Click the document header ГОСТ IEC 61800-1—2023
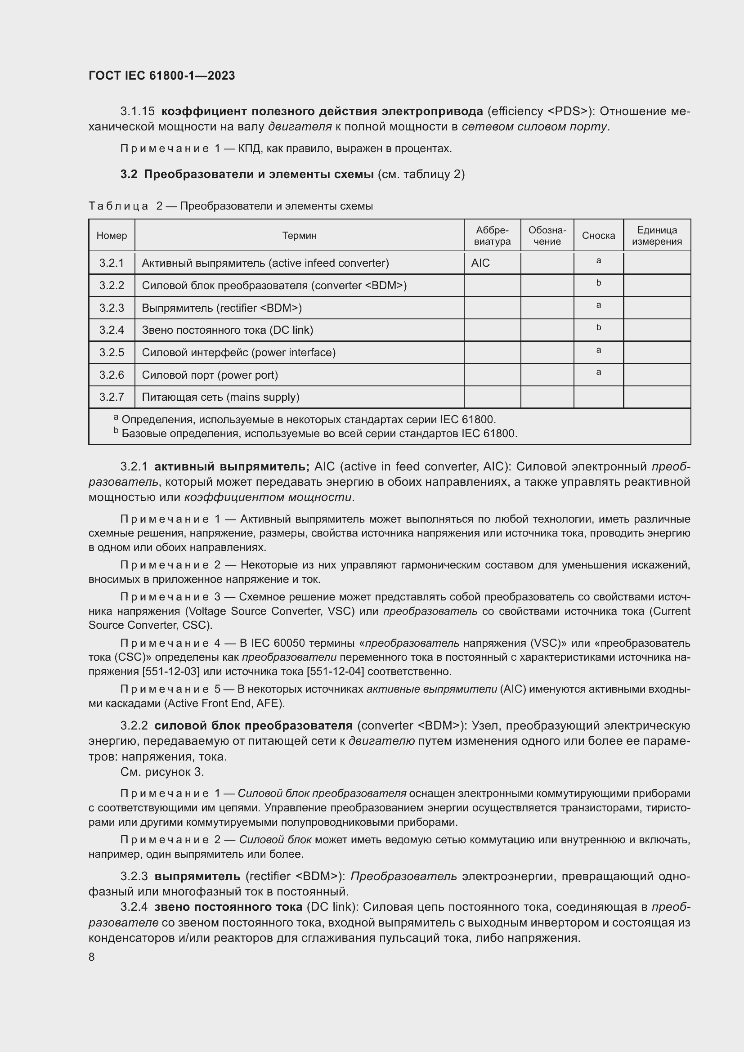coord(161,76)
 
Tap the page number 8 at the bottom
coord(92,957)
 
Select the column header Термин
coord(299,236)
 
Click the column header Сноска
coord(598,236)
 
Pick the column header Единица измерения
coord(656,236)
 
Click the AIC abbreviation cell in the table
coord(480,263)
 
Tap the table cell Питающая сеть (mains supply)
coord(220,397)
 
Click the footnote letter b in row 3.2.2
coord(598,283)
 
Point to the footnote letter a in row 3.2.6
coord(598,372)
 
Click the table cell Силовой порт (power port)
coord(210,375)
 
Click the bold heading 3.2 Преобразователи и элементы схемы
coord(247,174)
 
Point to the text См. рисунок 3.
coord(162,772)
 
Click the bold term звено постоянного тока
coord(228,907)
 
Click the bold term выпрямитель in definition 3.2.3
coord(197,876)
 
